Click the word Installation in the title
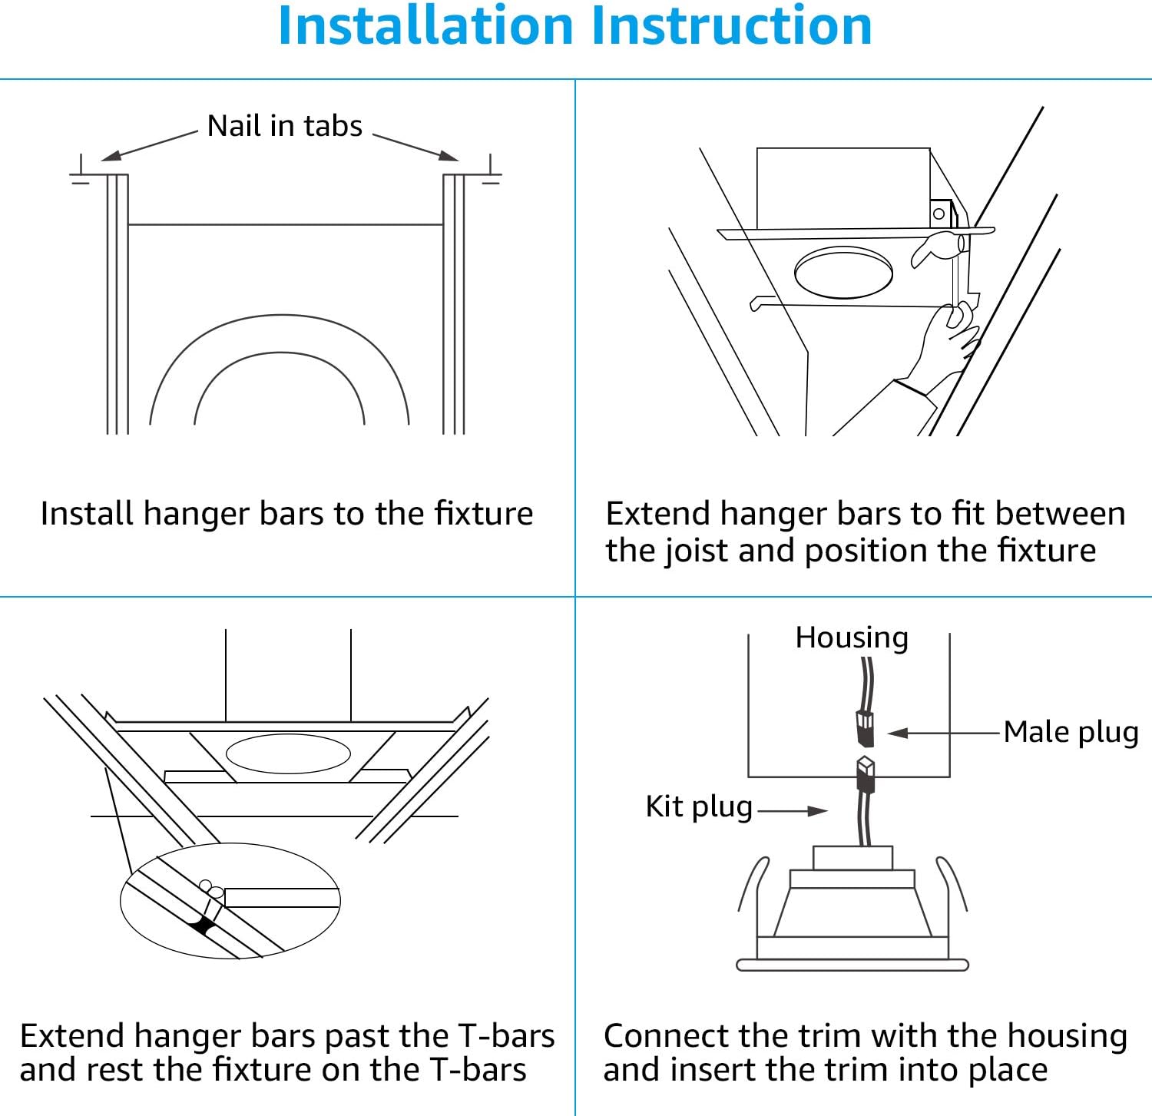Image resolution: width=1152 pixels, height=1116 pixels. pos(425,26)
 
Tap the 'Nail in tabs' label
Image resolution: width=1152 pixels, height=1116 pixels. pos(284,126)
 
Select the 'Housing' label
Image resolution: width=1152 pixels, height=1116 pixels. pos(852,637)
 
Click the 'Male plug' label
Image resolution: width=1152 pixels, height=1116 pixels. pos(1071,732)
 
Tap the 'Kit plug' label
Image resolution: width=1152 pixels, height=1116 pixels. pos(699,806)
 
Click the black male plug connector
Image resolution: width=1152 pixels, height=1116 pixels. pos(865,728)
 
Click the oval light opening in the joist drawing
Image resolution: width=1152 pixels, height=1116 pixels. pos(843,272)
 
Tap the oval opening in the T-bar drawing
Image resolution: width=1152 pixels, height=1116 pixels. pos(288,753)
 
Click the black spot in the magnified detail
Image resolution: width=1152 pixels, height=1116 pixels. pos(203,926)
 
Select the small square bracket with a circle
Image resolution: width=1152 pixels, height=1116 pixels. pos(939,214)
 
